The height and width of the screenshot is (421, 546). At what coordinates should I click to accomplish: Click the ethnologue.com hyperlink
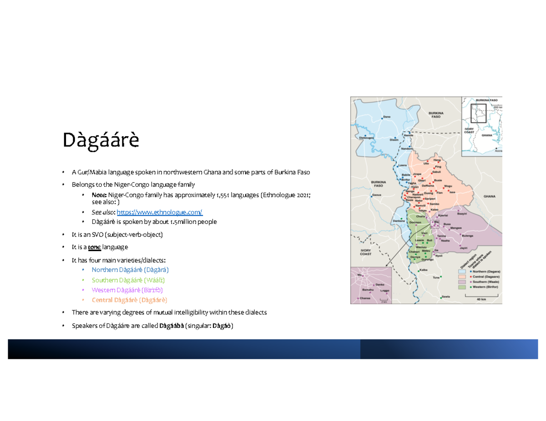click(160, 212)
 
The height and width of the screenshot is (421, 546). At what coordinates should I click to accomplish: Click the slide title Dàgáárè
click(101, 140)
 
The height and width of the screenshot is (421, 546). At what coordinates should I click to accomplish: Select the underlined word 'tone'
click(94, 247)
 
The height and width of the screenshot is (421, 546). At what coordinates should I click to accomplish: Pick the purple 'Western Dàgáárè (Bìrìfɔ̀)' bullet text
click(127, 290)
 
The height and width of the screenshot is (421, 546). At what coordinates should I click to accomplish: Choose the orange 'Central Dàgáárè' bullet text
click(129, 300)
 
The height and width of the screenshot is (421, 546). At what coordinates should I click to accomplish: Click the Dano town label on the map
click(387, 117)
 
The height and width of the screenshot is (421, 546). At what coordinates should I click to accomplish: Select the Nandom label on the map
click(407, 149)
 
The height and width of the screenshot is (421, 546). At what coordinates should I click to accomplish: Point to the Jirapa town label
click(417, 173)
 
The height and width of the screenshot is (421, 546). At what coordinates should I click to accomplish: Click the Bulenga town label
click(467, 236)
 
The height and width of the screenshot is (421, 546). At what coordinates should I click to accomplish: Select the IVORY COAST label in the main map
click(366, 253)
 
